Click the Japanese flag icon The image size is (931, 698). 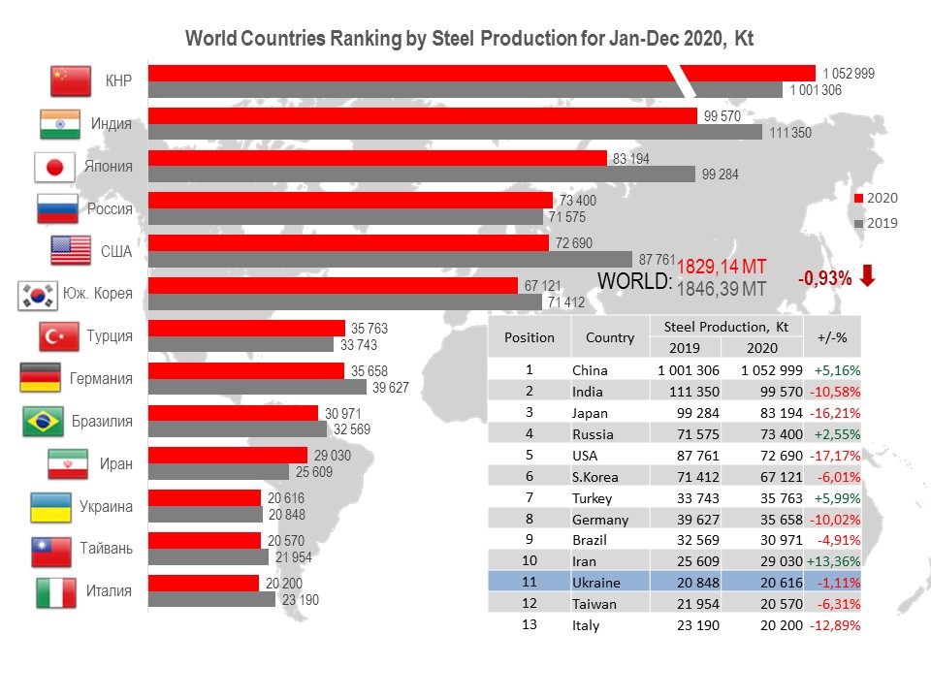[54, 167]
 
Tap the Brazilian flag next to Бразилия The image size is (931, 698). [47, 422]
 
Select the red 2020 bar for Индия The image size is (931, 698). [422, 116]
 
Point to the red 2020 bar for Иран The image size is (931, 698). [227, 455]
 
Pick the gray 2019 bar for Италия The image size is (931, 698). [211, 600]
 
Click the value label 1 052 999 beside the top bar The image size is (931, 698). [849, 74]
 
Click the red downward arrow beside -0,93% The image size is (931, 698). [868, 276]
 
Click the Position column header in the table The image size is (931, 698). [530, 337]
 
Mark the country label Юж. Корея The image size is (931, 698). [97, 294]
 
